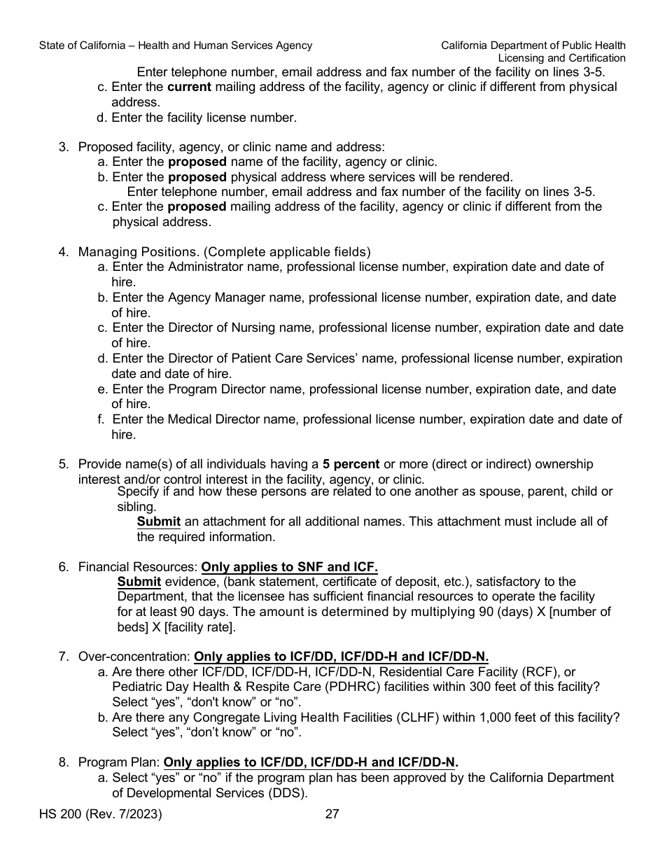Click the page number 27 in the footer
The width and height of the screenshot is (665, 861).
tap(332, 814)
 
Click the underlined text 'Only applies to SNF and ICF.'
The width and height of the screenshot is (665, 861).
tap(289, 566)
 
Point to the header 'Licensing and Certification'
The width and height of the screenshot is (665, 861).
tap(561, 58)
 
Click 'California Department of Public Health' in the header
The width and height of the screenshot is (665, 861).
tap(533, 45)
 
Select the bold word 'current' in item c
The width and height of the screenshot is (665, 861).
tap(189, 87)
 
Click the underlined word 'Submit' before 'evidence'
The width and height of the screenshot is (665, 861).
tap(139, 582)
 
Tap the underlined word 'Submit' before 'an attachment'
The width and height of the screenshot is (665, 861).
tap(158, 521)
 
